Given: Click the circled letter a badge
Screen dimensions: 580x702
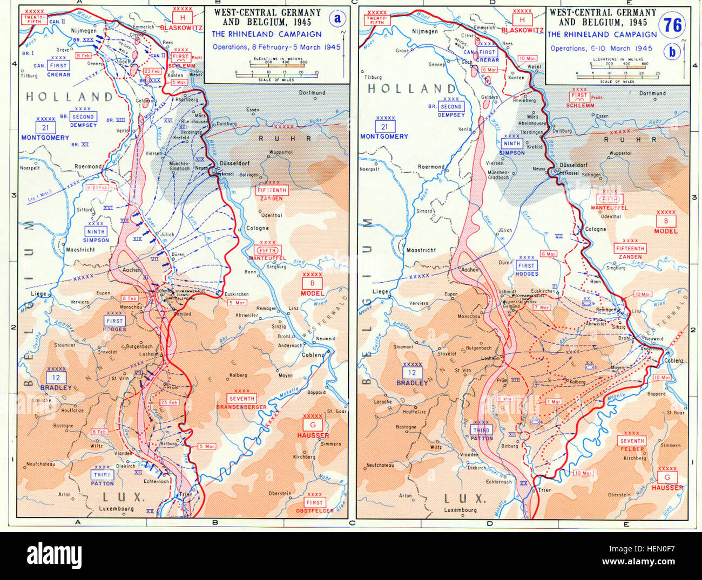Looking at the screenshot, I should [x=337, y=19].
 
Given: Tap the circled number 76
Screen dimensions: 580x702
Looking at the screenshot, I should [x=672, y=25].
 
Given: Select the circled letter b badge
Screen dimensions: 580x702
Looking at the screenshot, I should [x=672, y=52].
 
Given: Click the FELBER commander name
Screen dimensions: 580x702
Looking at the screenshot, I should [x=632, y=449].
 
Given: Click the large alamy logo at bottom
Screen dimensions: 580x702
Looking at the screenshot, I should [x=54, y=555].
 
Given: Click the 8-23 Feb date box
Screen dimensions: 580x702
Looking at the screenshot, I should [x=97, y=188].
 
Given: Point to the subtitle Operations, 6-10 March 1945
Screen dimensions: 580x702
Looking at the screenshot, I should [x=601, y=48].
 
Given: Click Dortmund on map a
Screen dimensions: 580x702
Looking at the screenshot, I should [x=312, y=92].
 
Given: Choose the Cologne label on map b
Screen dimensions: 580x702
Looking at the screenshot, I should [x=596, y=229].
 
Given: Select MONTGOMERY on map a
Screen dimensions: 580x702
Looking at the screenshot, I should [x=45, y=138].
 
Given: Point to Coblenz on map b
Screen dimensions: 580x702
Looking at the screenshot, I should [x=673, y=360].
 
